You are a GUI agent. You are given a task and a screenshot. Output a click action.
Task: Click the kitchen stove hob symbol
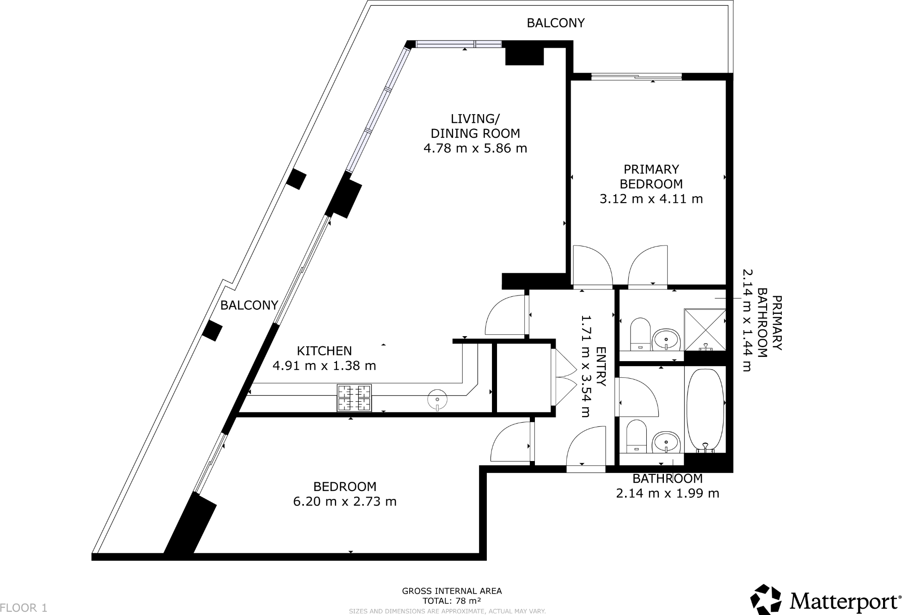(354, 398)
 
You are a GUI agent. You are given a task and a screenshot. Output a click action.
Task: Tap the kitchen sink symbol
(437, 400)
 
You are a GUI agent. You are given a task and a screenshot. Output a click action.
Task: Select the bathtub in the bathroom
(705, 410)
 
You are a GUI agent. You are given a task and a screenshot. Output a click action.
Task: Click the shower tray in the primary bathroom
(705, 329)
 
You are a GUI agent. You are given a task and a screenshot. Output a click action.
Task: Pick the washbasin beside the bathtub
(666, 443)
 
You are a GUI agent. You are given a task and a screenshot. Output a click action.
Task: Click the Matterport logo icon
(766, 599)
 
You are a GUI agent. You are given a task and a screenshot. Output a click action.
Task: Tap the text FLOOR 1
(24, 608)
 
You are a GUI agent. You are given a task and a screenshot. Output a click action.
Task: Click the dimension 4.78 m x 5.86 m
(475, 148)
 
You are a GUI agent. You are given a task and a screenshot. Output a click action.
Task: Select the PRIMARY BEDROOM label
(651, 177)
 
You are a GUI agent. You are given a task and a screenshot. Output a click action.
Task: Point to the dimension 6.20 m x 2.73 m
(345, 502)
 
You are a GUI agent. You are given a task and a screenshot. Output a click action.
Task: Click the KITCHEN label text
(324, 351)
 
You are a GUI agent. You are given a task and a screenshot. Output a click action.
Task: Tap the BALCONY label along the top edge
(556, 23)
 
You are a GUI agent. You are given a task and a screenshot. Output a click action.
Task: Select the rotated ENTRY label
(601, 367)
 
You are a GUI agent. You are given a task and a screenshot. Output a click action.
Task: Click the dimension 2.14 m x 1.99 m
(668, 493)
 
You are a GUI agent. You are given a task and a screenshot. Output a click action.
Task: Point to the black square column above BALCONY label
(296, 179)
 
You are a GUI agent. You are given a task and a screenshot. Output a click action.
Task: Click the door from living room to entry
(506, 314)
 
